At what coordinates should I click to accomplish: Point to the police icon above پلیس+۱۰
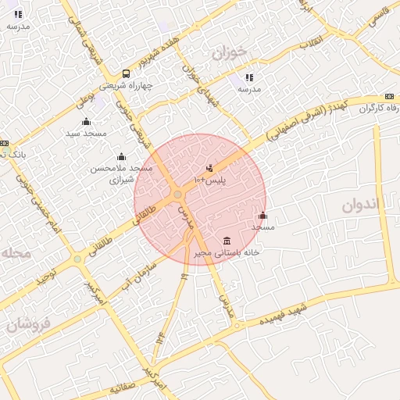209,167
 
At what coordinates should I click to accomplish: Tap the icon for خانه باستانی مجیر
227,240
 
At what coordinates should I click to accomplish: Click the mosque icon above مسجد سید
86,121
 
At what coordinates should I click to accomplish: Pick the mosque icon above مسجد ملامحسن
120,156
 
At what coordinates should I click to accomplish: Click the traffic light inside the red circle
178,194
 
